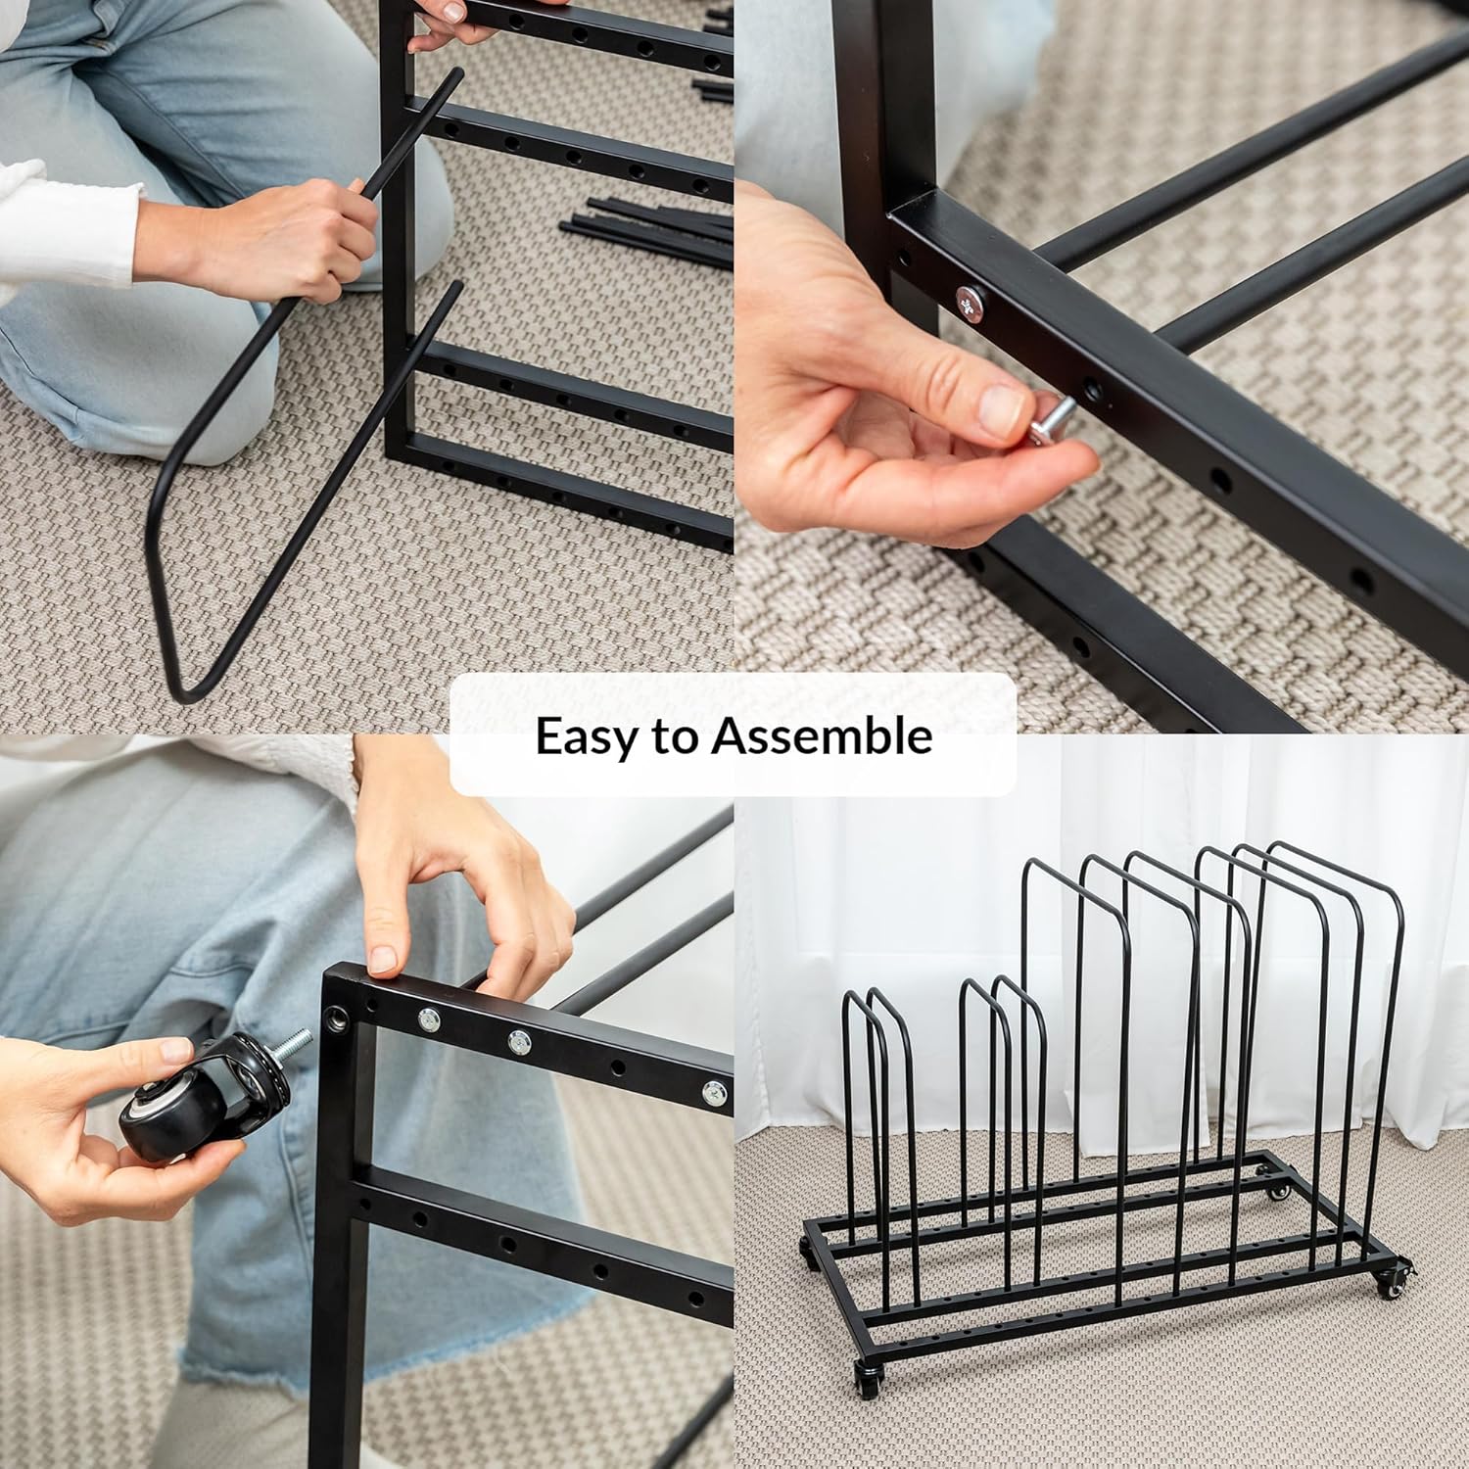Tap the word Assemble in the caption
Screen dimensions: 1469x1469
point(822,734)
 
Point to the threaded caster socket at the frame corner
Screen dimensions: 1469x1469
point(339,1020)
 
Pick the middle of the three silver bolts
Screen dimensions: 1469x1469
point(517,1042)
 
